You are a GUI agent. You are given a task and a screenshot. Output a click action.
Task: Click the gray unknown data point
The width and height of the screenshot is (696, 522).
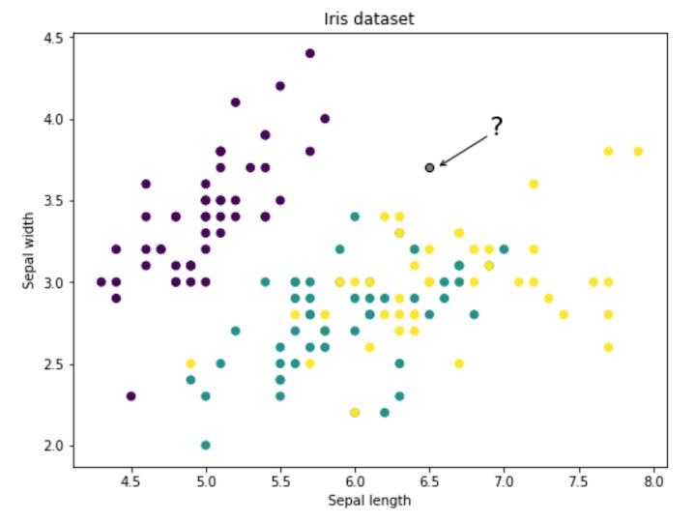click(429, 167)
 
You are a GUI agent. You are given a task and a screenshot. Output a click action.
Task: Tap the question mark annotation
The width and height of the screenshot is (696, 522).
click(496, 127)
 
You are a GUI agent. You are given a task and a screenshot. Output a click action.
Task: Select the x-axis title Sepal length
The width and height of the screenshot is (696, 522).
click(369, 501)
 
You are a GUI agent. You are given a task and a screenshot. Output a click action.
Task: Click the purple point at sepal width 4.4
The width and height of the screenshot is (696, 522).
click(310, 53)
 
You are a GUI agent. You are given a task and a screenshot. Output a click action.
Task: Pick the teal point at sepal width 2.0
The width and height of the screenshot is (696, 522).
click(206, 445)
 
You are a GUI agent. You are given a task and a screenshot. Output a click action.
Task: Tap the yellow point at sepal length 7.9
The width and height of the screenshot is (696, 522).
click(638, 151)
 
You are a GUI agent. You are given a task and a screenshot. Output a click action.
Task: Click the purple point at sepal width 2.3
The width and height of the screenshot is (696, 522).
click(130, 395)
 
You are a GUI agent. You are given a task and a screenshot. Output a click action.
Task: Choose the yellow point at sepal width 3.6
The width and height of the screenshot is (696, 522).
click(534, 184)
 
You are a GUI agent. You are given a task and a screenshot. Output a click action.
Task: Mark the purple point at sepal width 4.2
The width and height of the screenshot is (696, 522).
click(280, 86)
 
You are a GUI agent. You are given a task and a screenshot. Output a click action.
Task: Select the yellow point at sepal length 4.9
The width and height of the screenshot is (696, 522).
click(190, 363)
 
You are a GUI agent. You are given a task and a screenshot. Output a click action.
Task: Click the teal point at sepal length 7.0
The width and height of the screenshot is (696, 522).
click(504, 249)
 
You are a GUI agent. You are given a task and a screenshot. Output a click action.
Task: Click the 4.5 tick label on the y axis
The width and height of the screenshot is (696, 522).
click(54, 38)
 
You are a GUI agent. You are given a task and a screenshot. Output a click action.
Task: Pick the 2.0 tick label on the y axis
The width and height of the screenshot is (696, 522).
click(54, 446)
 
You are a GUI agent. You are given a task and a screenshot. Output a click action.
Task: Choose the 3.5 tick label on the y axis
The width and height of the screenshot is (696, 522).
click(54, 201)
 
